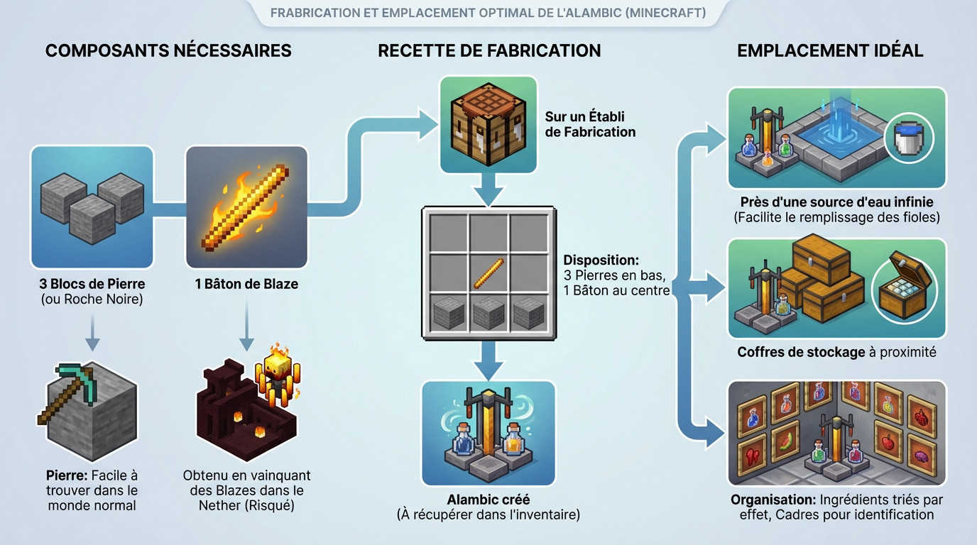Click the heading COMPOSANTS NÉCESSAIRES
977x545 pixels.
coord(168,51)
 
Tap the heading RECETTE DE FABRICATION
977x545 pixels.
coord(489,51)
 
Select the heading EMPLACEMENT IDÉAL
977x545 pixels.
coord(830,51)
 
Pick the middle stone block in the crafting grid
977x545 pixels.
coord(489,312)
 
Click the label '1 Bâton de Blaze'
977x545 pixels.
coord(246,285)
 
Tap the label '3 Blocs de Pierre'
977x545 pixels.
coord(92,285)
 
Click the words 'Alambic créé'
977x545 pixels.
coord(488,500)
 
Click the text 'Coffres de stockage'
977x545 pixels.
coord(801,352)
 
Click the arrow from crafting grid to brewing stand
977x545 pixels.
coord(488,358)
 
